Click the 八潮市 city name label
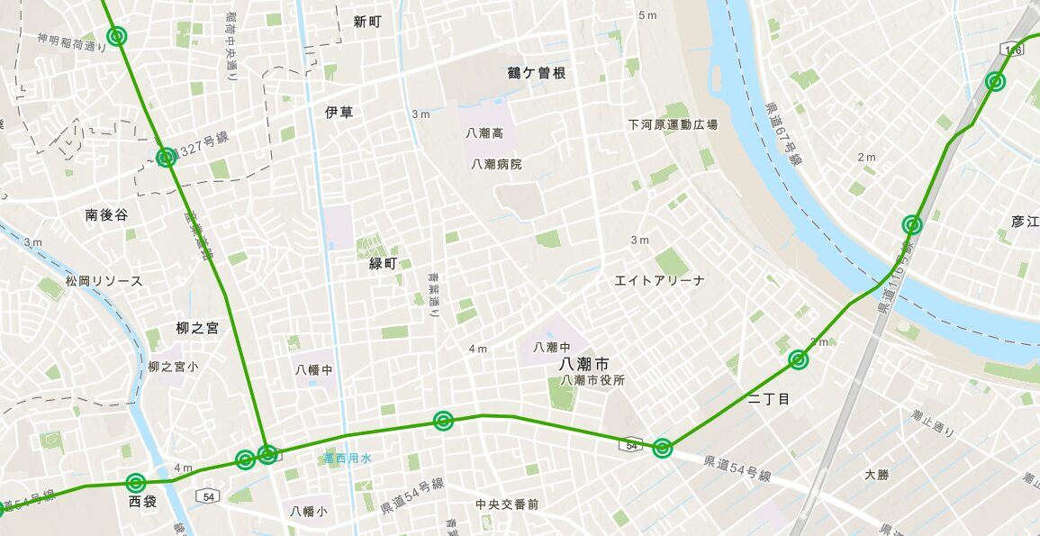point(583,364)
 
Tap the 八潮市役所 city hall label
point(592,380)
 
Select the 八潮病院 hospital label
point(496,164)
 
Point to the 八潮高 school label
point(484,132)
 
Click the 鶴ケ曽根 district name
point(537,73)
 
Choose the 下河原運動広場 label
point(673,124)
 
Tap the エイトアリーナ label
point(659,280)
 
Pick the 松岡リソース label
point(104,281)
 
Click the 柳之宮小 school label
point(173,368)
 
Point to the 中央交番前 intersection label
point(508,504)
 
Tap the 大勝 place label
point(876,474)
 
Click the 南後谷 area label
point(106,215)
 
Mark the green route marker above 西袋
point(136,483)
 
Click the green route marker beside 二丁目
point(798,360)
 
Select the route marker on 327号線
point(166,158)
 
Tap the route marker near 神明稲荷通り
point(116,36)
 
